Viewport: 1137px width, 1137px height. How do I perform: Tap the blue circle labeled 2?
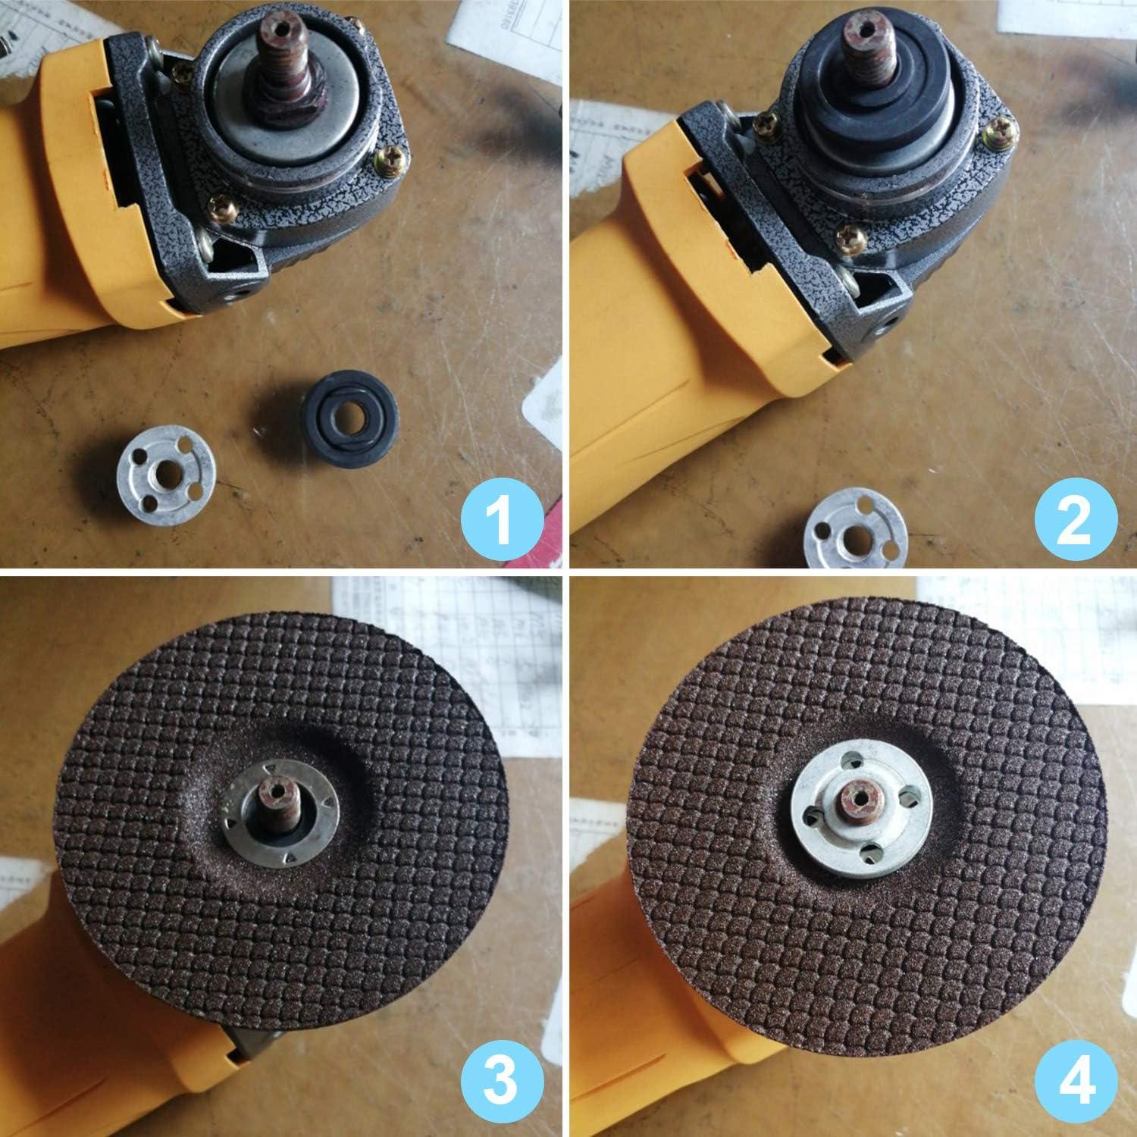[x=1073, y=519]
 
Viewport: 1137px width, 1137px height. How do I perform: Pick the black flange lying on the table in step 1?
[x=348, y=415]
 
